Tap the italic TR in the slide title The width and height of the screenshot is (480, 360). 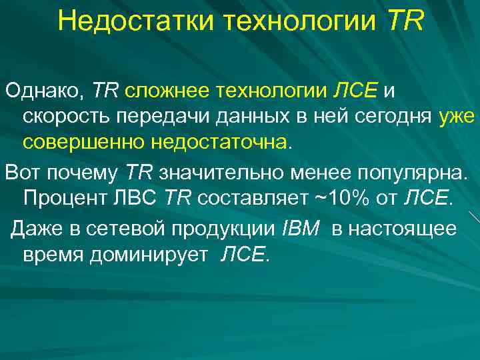click(404, 21)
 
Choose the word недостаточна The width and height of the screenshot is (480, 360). click(220, 143)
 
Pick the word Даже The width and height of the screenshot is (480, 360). click(34, 229)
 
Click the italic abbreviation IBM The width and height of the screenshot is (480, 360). click(302, 229)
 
